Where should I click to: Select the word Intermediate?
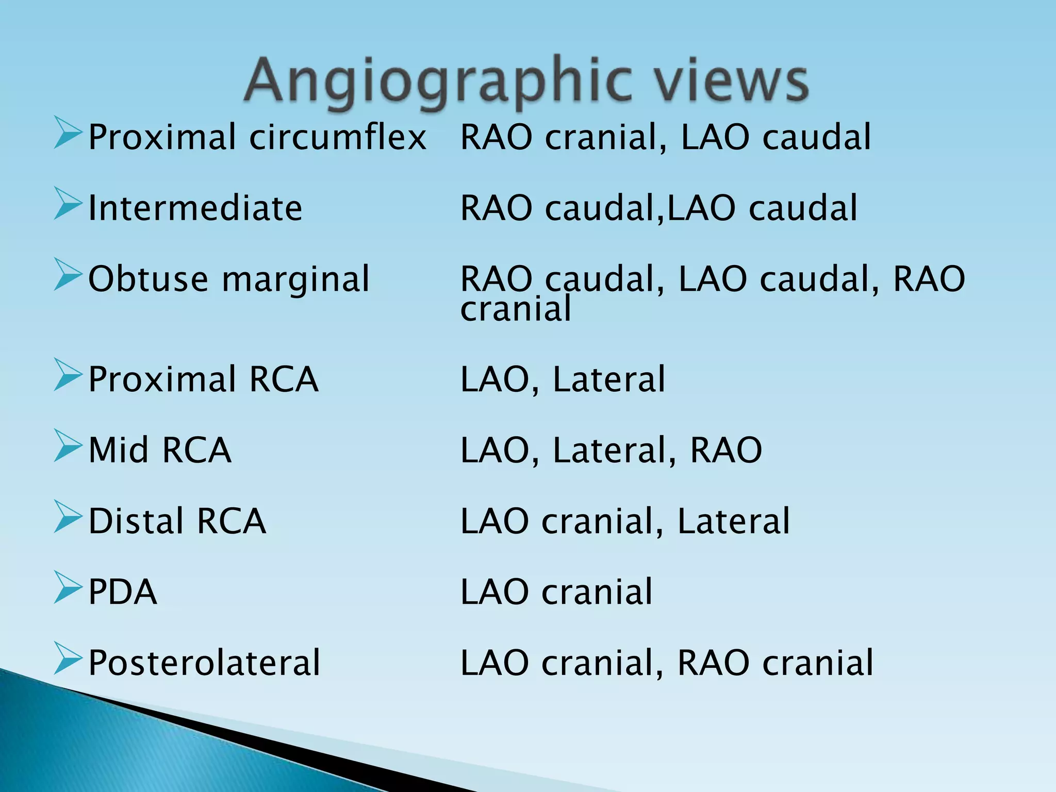tap(195, 208)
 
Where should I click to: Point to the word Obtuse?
tap(148, 279)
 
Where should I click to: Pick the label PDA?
tap(122, 591)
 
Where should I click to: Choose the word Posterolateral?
tap(204, 663)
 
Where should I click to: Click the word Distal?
tap(136, 521)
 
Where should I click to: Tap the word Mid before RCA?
tap(119, 450)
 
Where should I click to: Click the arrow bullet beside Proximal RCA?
tap(68, 375)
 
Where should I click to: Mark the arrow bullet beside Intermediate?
tap(68, 204)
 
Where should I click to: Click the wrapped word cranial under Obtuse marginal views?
tap(516, 309)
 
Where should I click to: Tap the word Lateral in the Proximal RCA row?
tap(609, 379)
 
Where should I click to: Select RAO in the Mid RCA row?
tap(725, 450)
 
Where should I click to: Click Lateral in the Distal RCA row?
tap(733, 521)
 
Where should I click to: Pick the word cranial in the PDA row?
tap(597, 591)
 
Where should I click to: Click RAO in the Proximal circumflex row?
tap(496, 138)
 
